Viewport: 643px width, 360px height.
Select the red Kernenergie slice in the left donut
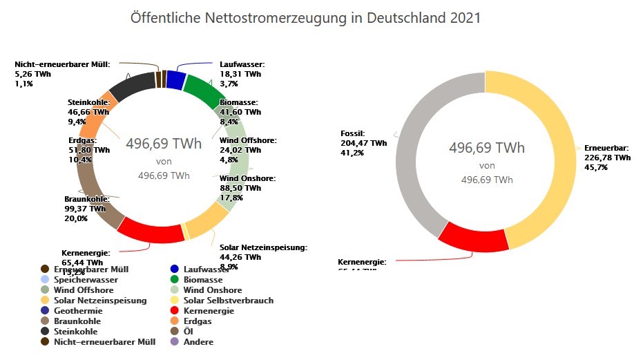click(151, 231)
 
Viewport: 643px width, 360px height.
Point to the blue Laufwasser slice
click(175, 80)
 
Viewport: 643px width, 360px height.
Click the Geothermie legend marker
click(45, 311)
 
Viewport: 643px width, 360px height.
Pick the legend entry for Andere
click(198, 342)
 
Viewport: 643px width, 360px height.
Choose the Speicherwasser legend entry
click(85, 280)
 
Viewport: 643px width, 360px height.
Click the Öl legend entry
click(188, 332)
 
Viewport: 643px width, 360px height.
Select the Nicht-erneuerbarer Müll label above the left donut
click(62, 64)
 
